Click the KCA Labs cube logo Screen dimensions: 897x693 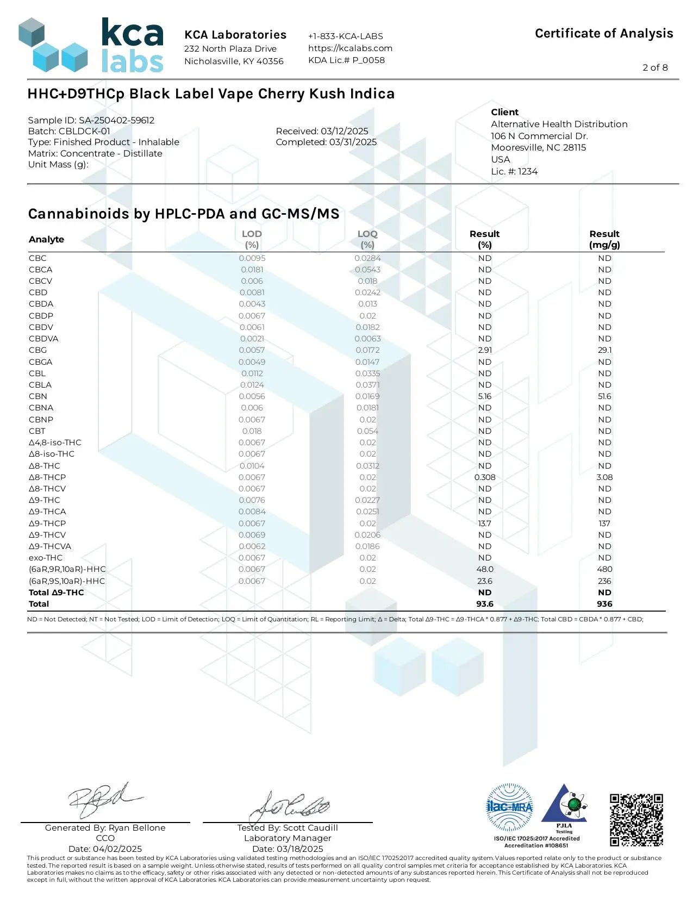click(53, 46)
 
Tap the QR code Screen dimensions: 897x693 click(636, 820)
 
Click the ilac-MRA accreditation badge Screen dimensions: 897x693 click(509, 807)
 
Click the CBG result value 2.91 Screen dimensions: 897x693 click(485, 350)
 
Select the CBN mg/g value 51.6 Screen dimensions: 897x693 click(604, 396)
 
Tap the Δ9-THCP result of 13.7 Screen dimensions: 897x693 click(485, 523)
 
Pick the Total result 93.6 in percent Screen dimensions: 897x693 click(485, 604)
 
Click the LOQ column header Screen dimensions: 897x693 click(367, 239)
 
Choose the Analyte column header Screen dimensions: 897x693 click(47, 239)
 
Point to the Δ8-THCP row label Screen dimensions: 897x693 click(47, 477)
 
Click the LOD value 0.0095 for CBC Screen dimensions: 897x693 click(252, 258)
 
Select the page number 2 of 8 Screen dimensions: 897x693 click(655, 67)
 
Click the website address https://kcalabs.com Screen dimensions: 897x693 click(350, 48)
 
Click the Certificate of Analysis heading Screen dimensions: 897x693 click(604, 34)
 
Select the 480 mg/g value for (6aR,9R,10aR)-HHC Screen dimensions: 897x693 click(604, 569)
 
